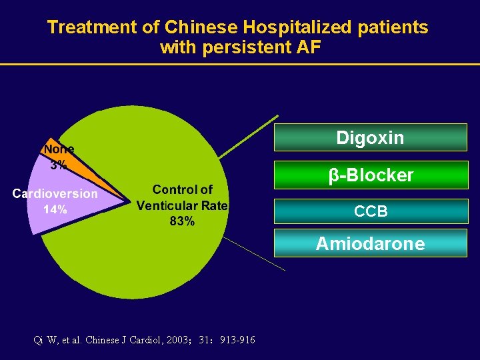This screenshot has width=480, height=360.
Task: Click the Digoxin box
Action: [370, 138]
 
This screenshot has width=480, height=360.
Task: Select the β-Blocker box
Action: [370, 175]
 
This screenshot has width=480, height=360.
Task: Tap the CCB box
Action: [370, 211]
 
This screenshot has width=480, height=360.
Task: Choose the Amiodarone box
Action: [370, 243]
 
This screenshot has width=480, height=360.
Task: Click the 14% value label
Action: [55, 209]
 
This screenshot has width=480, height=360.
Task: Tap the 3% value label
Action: [59, 165]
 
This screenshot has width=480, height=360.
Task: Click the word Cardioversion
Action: [55, 194]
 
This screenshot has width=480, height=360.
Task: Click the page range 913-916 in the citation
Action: [237, 340]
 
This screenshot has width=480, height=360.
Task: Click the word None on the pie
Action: [59, 149]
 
